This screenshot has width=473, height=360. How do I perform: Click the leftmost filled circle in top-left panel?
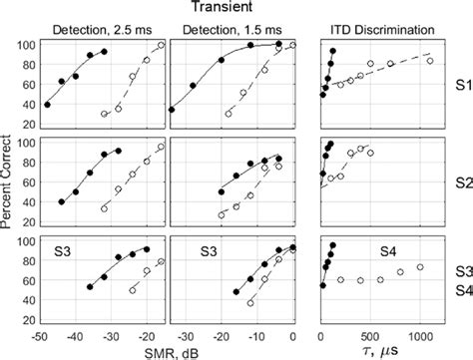[47, 104]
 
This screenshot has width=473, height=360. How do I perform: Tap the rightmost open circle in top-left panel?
[163, 46]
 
